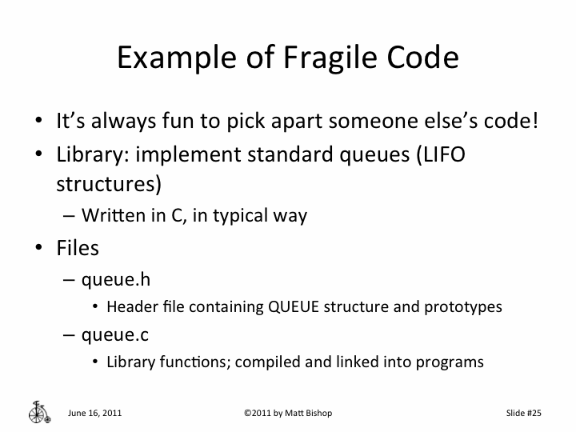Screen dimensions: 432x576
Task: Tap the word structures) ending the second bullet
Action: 109,183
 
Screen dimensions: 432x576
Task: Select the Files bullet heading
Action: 78,248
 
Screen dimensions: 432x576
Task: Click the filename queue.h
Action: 117,279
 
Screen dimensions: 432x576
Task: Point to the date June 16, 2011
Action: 95,413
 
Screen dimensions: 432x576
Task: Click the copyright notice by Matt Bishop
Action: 288,413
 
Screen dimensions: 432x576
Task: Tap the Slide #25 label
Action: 524,413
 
